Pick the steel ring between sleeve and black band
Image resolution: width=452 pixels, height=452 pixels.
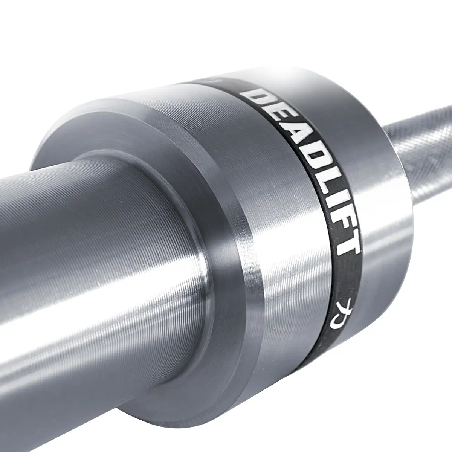[x=264, y=211]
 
